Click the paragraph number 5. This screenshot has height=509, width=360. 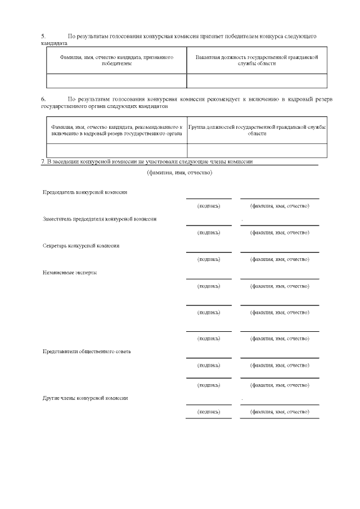pyautogui.click(x=43, y=36)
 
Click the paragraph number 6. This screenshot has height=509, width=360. pyautogui.click(x=43, y=99)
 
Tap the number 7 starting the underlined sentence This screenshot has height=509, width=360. pyautogui.click(x=43, y=161)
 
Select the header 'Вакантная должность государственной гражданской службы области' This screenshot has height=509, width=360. pyautogui.click(x=257, y=61)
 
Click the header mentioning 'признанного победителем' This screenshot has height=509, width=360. pyautogui.click(x=116, y=61)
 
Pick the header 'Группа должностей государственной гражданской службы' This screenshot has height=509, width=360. pyautogui.click(x=257, y=130)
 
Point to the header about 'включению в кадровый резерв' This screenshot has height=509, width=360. pyautogui.click(x=116, y=130)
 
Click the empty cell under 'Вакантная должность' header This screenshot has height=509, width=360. pyautogui.click(x=257, y=81)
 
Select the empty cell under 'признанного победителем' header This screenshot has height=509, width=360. pyautogui.click(x=116, y=81)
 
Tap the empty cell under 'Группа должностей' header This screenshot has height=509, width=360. pyautogui.click(x=257, y=150)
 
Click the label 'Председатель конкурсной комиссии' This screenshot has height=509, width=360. pyautogui.click(x=85, y=192)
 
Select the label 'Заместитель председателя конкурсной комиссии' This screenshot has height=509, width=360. pyautogui.click(x=100, y=219)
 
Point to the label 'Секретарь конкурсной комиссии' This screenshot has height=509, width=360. pyautogui.click(x=81, y=245)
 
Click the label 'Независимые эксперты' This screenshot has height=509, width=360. pyautogui.click(x=70, y=272)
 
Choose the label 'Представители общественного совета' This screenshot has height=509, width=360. pyautogui.click(x=87, y=352)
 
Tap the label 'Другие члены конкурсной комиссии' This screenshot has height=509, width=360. pyautogui.click(x=85, y=398)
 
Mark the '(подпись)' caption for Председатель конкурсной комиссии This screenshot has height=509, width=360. pyautogui.click(x=209, y=206)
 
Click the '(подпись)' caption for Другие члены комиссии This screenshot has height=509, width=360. pyautogui.click(x=209, y=412)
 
